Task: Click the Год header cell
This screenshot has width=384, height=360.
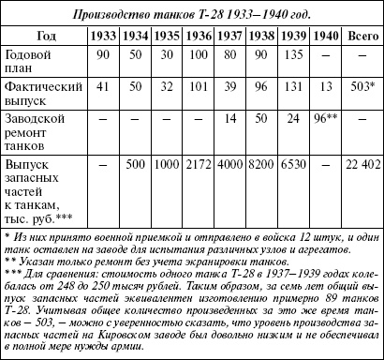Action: coord(43,35)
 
